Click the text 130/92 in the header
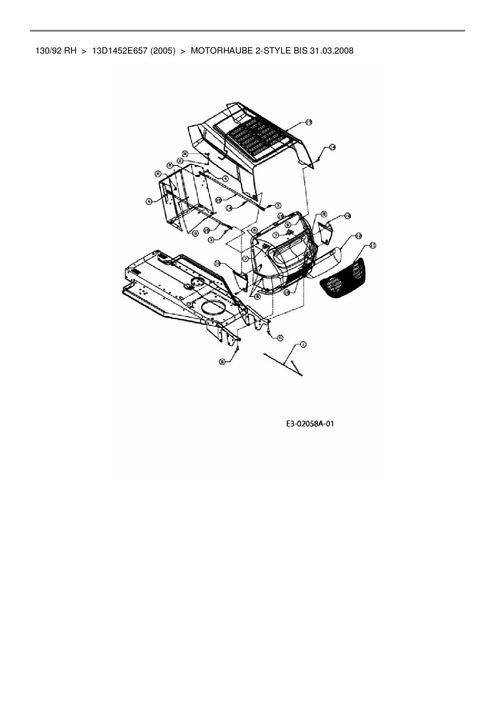click(x=47, y=51)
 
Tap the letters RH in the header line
click(x=70, y=51)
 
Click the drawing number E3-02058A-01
click(x=310, y=424)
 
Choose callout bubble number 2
click(x=181, y=160)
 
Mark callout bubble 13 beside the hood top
click(x=309, y=122)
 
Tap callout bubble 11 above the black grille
click(x=372, y=245)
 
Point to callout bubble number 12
click(x=358, y=236)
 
